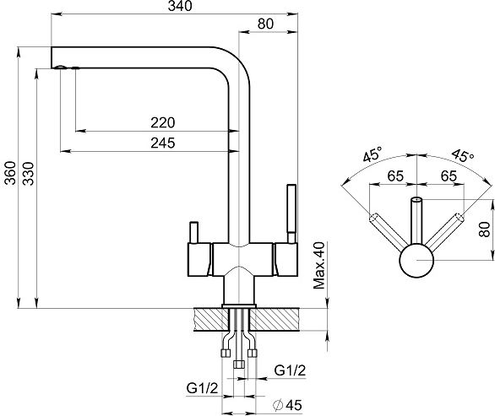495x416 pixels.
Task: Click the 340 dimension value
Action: (x=180, y=6)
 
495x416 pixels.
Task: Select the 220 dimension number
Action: (x=162, y=122)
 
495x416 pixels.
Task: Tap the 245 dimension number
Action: (x=162, y=143)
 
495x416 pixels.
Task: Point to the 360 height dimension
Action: (x=11, y=173)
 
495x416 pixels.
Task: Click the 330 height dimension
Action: (x=29, y=174)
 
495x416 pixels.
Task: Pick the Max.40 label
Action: (x=318, y=265)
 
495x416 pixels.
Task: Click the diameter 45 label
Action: (x=288, y=405)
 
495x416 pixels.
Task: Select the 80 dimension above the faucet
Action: (x=265, y=24)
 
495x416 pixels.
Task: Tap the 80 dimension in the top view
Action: (x=485, y=230)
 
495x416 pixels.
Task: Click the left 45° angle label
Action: (x=373, y=154)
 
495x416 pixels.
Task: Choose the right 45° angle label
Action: (x=463, y=155)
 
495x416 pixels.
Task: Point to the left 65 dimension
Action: (x=395, y=176)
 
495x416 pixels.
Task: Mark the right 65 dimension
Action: (x=449, y=176)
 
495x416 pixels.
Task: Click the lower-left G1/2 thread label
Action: (x=202, y=388)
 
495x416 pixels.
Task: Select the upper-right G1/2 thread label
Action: (x=290, y=370)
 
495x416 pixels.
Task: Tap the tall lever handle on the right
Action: (x=291, y=213)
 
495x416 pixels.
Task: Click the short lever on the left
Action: (x=193, y=232)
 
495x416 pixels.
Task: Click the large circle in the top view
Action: (x=416, y=260)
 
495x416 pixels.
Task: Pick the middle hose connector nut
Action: (x=239, y=365)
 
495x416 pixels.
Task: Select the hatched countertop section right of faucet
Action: (x=275, y=319)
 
